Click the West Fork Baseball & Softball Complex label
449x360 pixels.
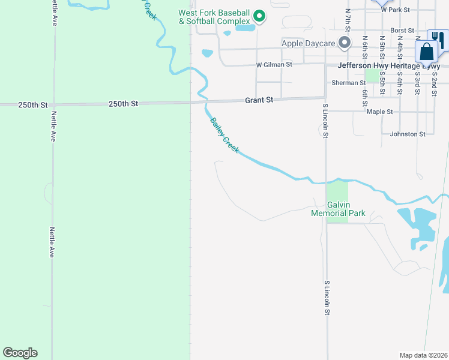[214, 17]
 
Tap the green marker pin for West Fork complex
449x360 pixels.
[259, 16]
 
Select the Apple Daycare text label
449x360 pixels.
[309, 43]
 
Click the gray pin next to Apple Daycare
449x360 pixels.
[345, 43]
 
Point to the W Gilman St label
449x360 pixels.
[274, 64]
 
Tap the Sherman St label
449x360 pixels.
[349, 83]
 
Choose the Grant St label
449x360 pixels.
[259, 100]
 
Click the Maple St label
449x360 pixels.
[379, 112]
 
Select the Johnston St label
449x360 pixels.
[408, 134]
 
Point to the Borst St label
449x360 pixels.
[402, 30]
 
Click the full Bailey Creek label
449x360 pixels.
[224, 136]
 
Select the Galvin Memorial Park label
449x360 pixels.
[338, 209]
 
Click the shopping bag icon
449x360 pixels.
[426, 52]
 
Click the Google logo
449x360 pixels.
[20, 353]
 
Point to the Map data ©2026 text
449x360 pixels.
[424, 355]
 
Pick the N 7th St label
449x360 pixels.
[348, 19]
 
